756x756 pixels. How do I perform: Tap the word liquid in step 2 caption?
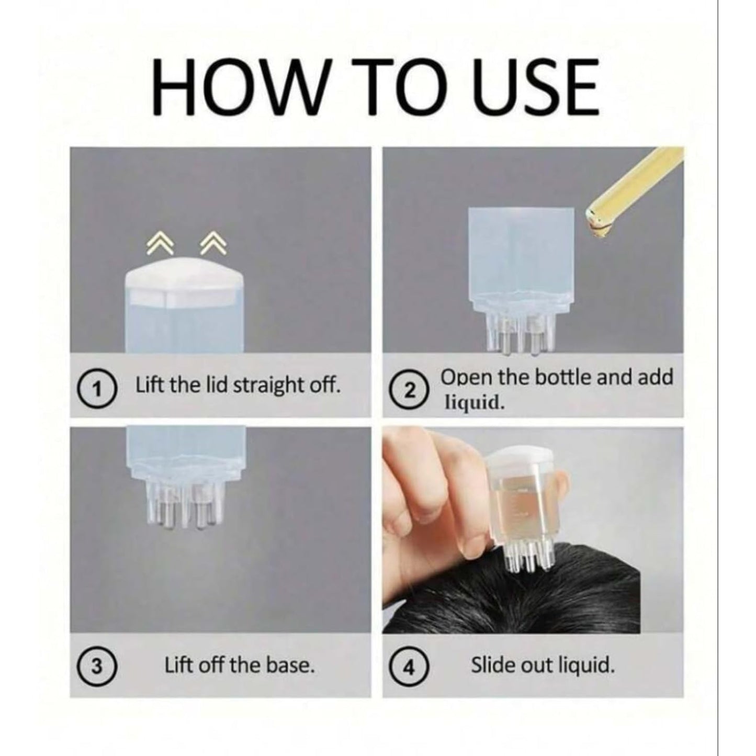(x=474, y=403)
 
